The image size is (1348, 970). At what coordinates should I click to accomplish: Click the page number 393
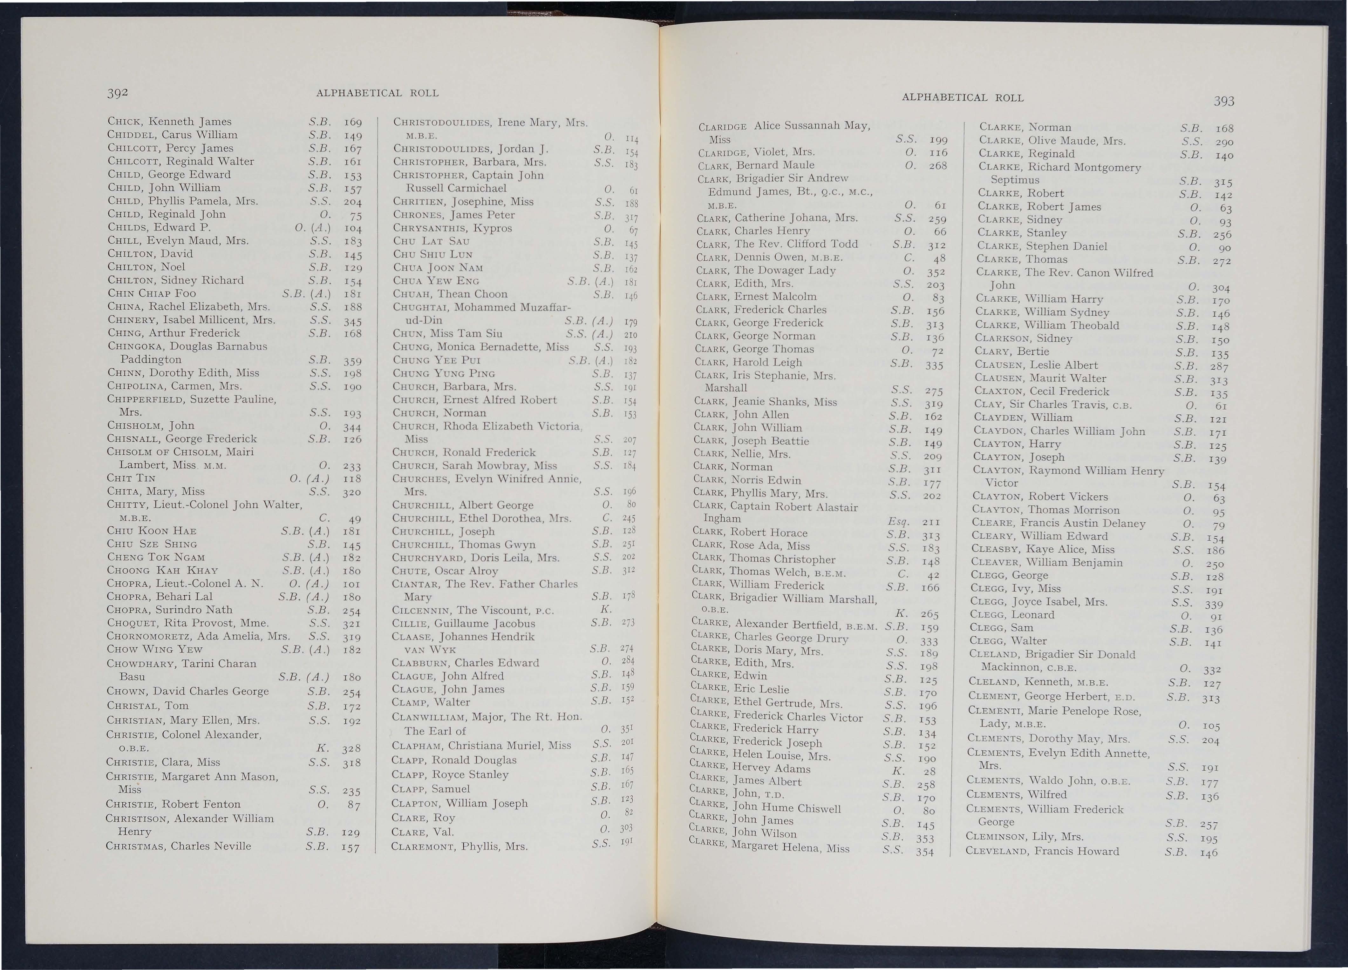tap(1224, 101)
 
